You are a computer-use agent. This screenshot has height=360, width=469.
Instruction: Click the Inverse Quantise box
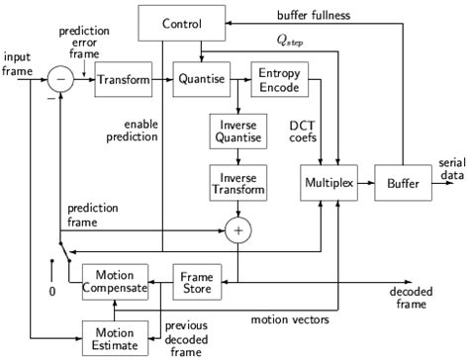point(236,131)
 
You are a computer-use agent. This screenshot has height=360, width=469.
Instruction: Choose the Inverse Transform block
point(236,180)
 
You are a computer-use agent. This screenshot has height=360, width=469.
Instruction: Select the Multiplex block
point(338,185)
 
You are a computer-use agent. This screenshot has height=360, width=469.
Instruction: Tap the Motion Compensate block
point(115,280)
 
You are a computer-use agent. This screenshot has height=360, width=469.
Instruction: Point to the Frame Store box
point(197,280)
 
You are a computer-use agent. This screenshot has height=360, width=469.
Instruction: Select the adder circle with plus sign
point(236,229)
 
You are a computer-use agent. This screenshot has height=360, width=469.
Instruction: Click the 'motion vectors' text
point(288,319)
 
